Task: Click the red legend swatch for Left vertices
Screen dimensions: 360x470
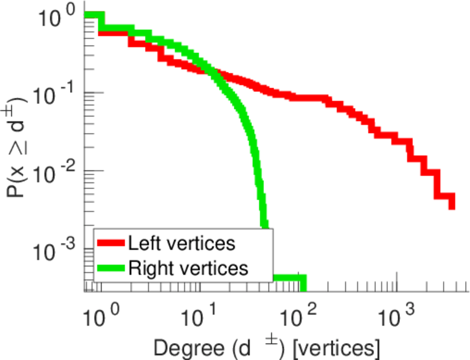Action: point(111,243)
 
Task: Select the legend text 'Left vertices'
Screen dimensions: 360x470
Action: point(181,243)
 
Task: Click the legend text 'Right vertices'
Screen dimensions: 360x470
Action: point(188,267)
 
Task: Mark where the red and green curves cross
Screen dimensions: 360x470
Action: point(211,73)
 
